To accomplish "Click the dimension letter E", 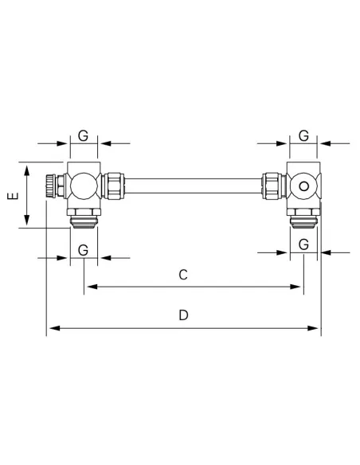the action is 13,196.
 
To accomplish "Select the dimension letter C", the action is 183,275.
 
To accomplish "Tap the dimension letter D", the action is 183,315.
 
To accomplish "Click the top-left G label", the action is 84,136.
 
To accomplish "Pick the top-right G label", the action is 303,136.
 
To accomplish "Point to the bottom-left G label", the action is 84,250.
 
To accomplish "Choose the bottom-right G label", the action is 303,244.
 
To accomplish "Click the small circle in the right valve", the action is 303,186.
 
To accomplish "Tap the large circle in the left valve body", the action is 84,186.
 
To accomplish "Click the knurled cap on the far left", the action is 50,186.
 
